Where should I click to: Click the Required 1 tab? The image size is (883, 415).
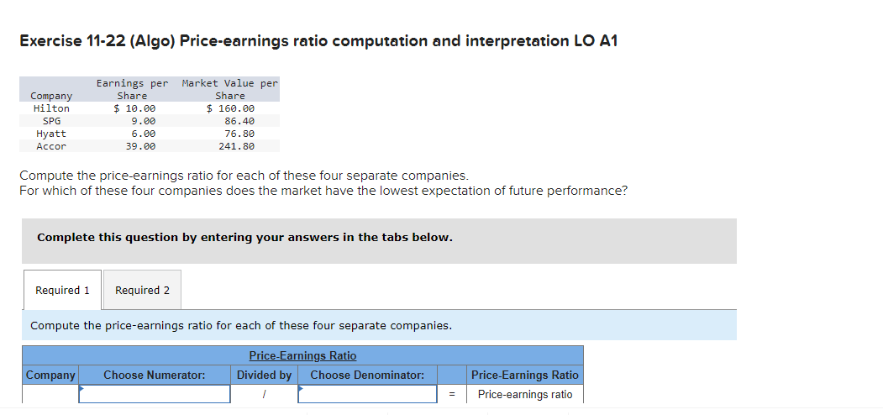pyautogui.click(x=62, y=290)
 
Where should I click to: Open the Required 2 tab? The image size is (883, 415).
pyautogui.click(x=142, y=290)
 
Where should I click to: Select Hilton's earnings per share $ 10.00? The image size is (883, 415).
pyautogui.click(x=134, y=108)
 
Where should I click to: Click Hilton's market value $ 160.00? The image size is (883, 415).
pyautogui.click(x=231, y=108)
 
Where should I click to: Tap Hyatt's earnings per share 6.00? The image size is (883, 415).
pyautogui.click(x=143, y=134)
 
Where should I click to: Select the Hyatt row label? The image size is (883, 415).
pyautogui.click(x=51, y=134)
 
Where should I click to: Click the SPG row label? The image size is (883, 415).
pyautogui.click(x=51, y=121)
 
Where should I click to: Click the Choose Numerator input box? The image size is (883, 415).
pyautogui.click(x=155, y=394)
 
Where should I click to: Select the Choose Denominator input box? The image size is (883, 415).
pyautogui.click(x=367, y=394)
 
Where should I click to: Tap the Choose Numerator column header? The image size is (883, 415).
pyautogui.click(x=155, y=376)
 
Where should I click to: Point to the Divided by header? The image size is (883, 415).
pyautogui.click(x=264, y=376)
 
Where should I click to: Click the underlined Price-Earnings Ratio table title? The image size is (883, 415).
pyautogui.click(x=302, y=356)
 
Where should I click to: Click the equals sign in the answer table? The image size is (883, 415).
pyautogui.click(x=451, y=394)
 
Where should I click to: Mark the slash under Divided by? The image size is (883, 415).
pyautogui.click(x=264, y=394)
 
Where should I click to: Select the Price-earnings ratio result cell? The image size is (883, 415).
pyautogui.click(x=524, y=394)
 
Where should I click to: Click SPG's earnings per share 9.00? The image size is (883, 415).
pyautogui.click(x=143, y=121)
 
